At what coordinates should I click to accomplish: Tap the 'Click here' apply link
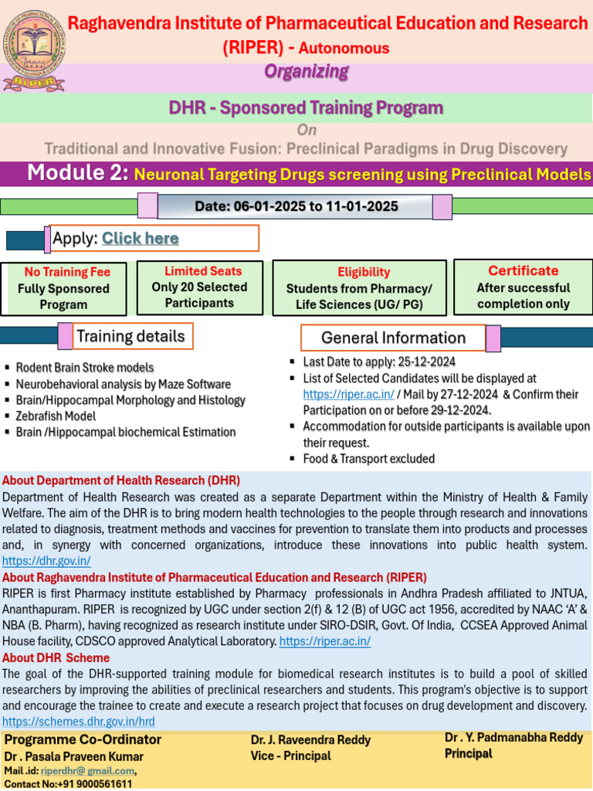140,239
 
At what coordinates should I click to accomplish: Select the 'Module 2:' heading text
77,173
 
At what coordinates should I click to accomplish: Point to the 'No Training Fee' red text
67,272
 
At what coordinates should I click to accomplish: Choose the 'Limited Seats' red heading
202,271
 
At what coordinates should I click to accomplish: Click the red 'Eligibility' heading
364,272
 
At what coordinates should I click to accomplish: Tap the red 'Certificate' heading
523,270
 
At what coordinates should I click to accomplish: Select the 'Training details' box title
130,336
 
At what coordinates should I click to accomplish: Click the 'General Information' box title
393,338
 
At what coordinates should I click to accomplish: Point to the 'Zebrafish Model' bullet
56,416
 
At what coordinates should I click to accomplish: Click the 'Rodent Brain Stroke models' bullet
85,368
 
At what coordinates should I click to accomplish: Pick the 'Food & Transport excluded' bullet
368,459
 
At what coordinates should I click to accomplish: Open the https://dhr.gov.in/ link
46,562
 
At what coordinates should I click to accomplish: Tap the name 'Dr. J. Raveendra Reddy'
310,740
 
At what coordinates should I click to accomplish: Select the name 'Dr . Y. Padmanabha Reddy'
513,738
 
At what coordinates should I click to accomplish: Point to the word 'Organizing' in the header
307,72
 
